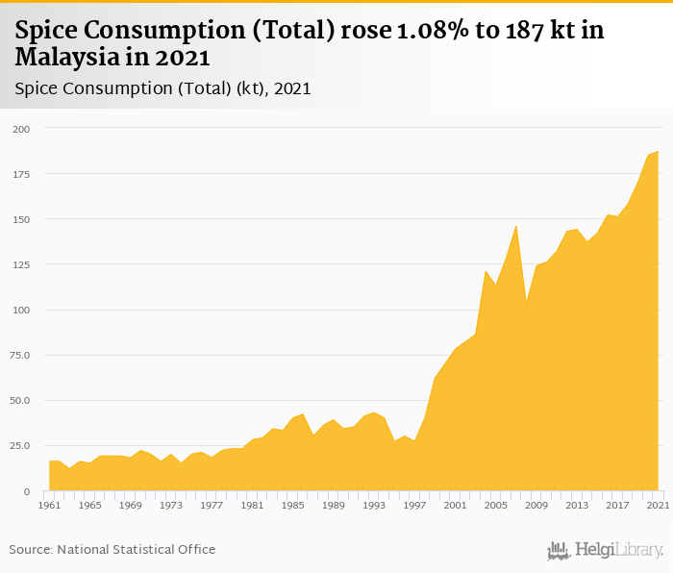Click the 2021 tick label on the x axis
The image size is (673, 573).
coord(659,505)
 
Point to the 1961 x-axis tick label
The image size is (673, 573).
coord(50,505)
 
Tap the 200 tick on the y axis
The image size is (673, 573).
coord(21,129)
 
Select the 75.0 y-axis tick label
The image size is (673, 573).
coord(21,355)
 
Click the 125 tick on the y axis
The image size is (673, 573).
coord(21,264)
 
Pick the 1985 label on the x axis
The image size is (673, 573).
coord(293,505)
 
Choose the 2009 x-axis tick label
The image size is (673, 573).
coord(536,505)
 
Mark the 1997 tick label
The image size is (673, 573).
coord(414,505)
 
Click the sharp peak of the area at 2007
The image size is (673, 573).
coord(516,226)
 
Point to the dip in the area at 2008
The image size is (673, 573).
coord(527,301)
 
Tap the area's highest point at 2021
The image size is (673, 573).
coord(658,152)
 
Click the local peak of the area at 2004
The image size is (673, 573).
coord(486,271)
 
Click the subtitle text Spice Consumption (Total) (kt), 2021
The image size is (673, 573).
coord(162,88)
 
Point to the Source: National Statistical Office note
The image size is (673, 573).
coord(112,549)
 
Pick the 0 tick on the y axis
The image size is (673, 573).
coord(29,491)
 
